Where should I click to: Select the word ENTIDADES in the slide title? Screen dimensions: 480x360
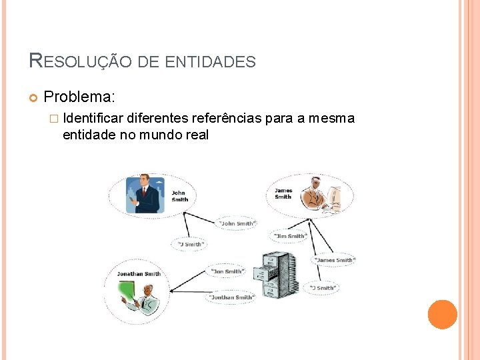pos(210,62)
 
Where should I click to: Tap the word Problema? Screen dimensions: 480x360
pos(79,97)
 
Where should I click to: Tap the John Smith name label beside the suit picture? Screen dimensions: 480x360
pos(179,196)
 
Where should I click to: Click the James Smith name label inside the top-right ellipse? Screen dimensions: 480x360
pos(283,193)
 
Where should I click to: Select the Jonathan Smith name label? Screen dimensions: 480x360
pos(139,273)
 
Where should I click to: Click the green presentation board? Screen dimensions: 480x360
pos(127,292)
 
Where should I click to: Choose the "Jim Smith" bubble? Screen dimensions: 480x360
pos(289,235)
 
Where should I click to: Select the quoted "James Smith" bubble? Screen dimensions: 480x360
pos(335,259)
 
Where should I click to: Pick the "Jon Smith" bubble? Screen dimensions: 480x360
pos(227,271)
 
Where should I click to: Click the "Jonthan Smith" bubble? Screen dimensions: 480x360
pos(231,297)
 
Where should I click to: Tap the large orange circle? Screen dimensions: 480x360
pos(442,314)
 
